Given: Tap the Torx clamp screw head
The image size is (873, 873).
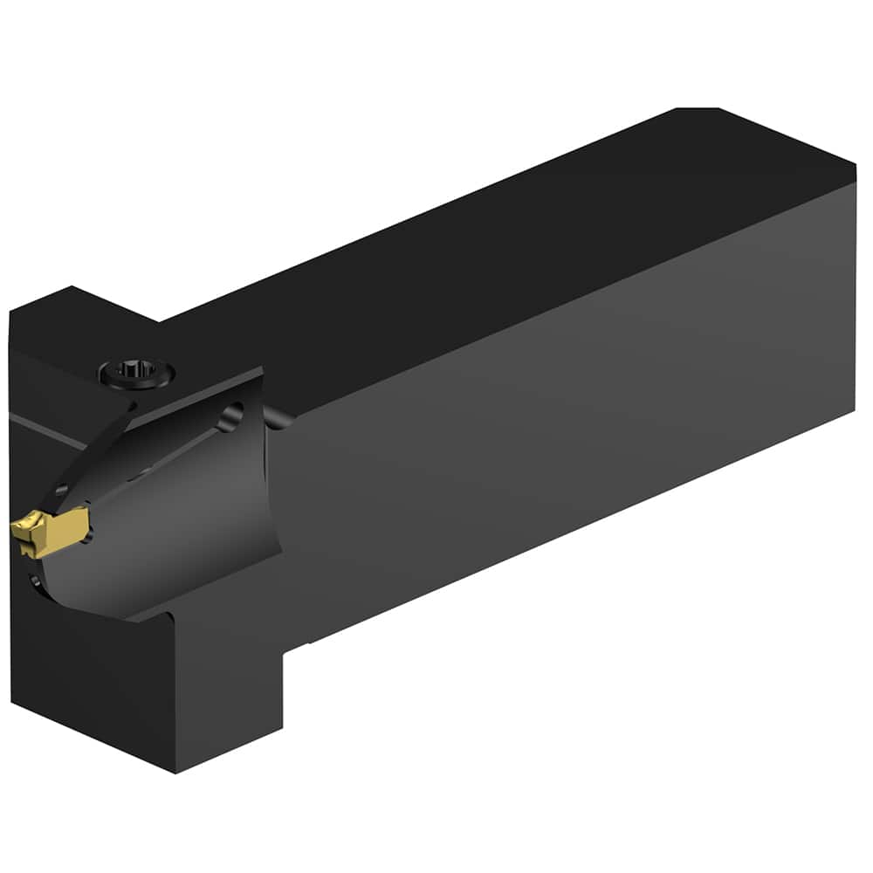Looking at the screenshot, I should click(136, 374).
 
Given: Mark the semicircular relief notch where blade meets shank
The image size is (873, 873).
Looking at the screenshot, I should click(276, 419).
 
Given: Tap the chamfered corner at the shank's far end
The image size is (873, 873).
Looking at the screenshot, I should click(698, 110).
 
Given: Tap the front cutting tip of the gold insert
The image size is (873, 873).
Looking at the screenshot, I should click(16, 527).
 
